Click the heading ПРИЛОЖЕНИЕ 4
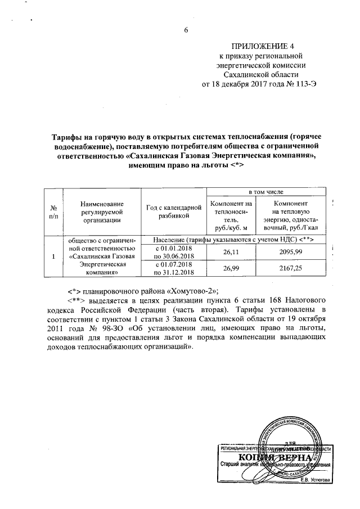256,46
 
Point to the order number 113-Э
296,84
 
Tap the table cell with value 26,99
232,269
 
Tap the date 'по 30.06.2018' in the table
174,257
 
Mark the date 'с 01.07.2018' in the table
174,265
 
